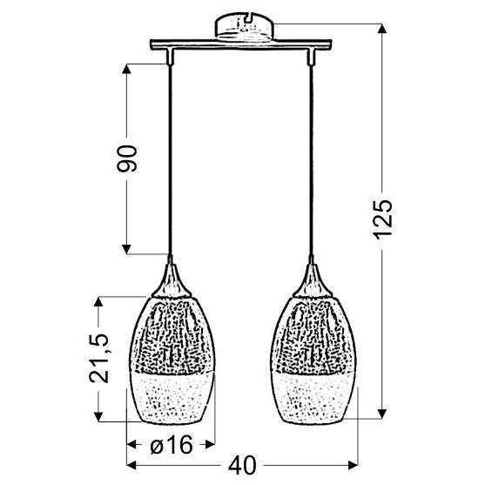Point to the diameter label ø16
point(170,444)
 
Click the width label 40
point(246,467)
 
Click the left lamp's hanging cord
point(171,157)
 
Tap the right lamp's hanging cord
point(309,157)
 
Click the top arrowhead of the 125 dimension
point(381,28)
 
